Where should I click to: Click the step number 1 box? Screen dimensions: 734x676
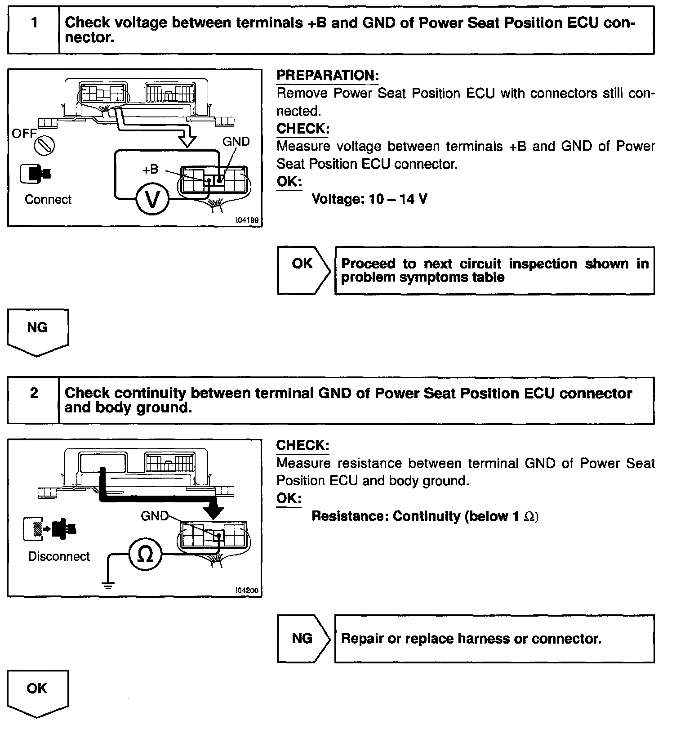tap(34, 30)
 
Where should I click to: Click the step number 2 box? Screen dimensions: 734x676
tap(34, 400)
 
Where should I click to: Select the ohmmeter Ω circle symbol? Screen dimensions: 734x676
tap(145, 555)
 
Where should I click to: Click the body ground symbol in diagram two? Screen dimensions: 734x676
tap(108, 584)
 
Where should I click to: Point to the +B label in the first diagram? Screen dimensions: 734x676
tap(151, 169)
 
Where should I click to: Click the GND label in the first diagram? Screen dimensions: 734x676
tap(236, 142)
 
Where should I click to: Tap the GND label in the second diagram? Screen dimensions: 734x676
tap(154, 516)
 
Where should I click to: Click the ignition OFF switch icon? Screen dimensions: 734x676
tap(45, 145)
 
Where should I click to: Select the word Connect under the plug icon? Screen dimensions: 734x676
tap(48, 199)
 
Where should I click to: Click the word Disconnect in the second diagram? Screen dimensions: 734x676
tap(59, 556)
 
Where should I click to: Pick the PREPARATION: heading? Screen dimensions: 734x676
tap(327, 76)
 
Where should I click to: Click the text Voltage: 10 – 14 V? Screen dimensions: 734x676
tap(369, 199)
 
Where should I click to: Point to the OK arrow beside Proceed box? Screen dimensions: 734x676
tap(303, 270)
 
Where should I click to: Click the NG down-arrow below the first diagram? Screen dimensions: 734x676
tap(38, 332)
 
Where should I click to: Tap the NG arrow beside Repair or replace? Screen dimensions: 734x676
tap(303, 638)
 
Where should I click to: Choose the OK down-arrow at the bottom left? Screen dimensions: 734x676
tap(38, 693)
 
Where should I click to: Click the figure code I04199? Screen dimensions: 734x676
tap(247, 221)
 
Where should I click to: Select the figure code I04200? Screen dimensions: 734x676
tap(247, 591)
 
